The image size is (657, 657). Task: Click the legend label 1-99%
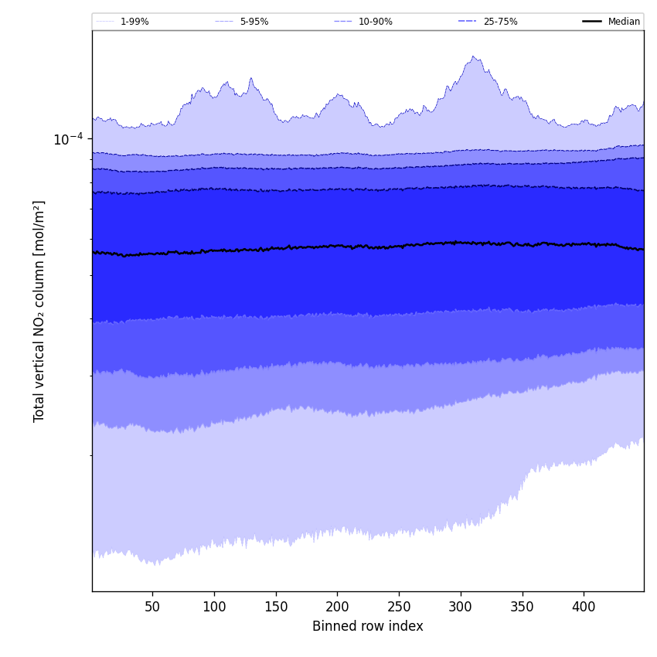(134, 22)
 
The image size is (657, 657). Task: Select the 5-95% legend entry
(254, 22)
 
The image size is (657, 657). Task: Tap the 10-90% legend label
(375, 22)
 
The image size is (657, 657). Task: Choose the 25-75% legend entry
(500, 22)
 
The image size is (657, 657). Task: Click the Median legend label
(624, 22)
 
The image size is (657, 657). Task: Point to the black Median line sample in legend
(593, 22)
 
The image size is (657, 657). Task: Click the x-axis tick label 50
(152, 608)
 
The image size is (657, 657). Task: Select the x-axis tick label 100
(214, 608)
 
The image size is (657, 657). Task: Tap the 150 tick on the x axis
(276, 608)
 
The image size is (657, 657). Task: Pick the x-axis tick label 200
(337, 608)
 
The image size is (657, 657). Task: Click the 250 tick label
(399, 608)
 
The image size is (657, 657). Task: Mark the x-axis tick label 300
(461, 608)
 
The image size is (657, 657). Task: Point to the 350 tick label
(523, 608)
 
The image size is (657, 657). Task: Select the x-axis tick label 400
(584, 608)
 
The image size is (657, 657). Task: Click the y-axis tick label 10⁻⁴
(68, 139)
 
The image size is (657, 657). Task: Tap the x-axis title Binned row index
(367, 627)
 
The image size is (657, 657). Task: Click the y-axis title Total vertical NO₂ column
(39, 311)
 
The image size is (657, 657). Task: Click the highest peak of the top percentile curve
(473, 56)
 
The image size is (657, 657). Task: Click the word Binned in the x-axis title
(332, 627)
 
